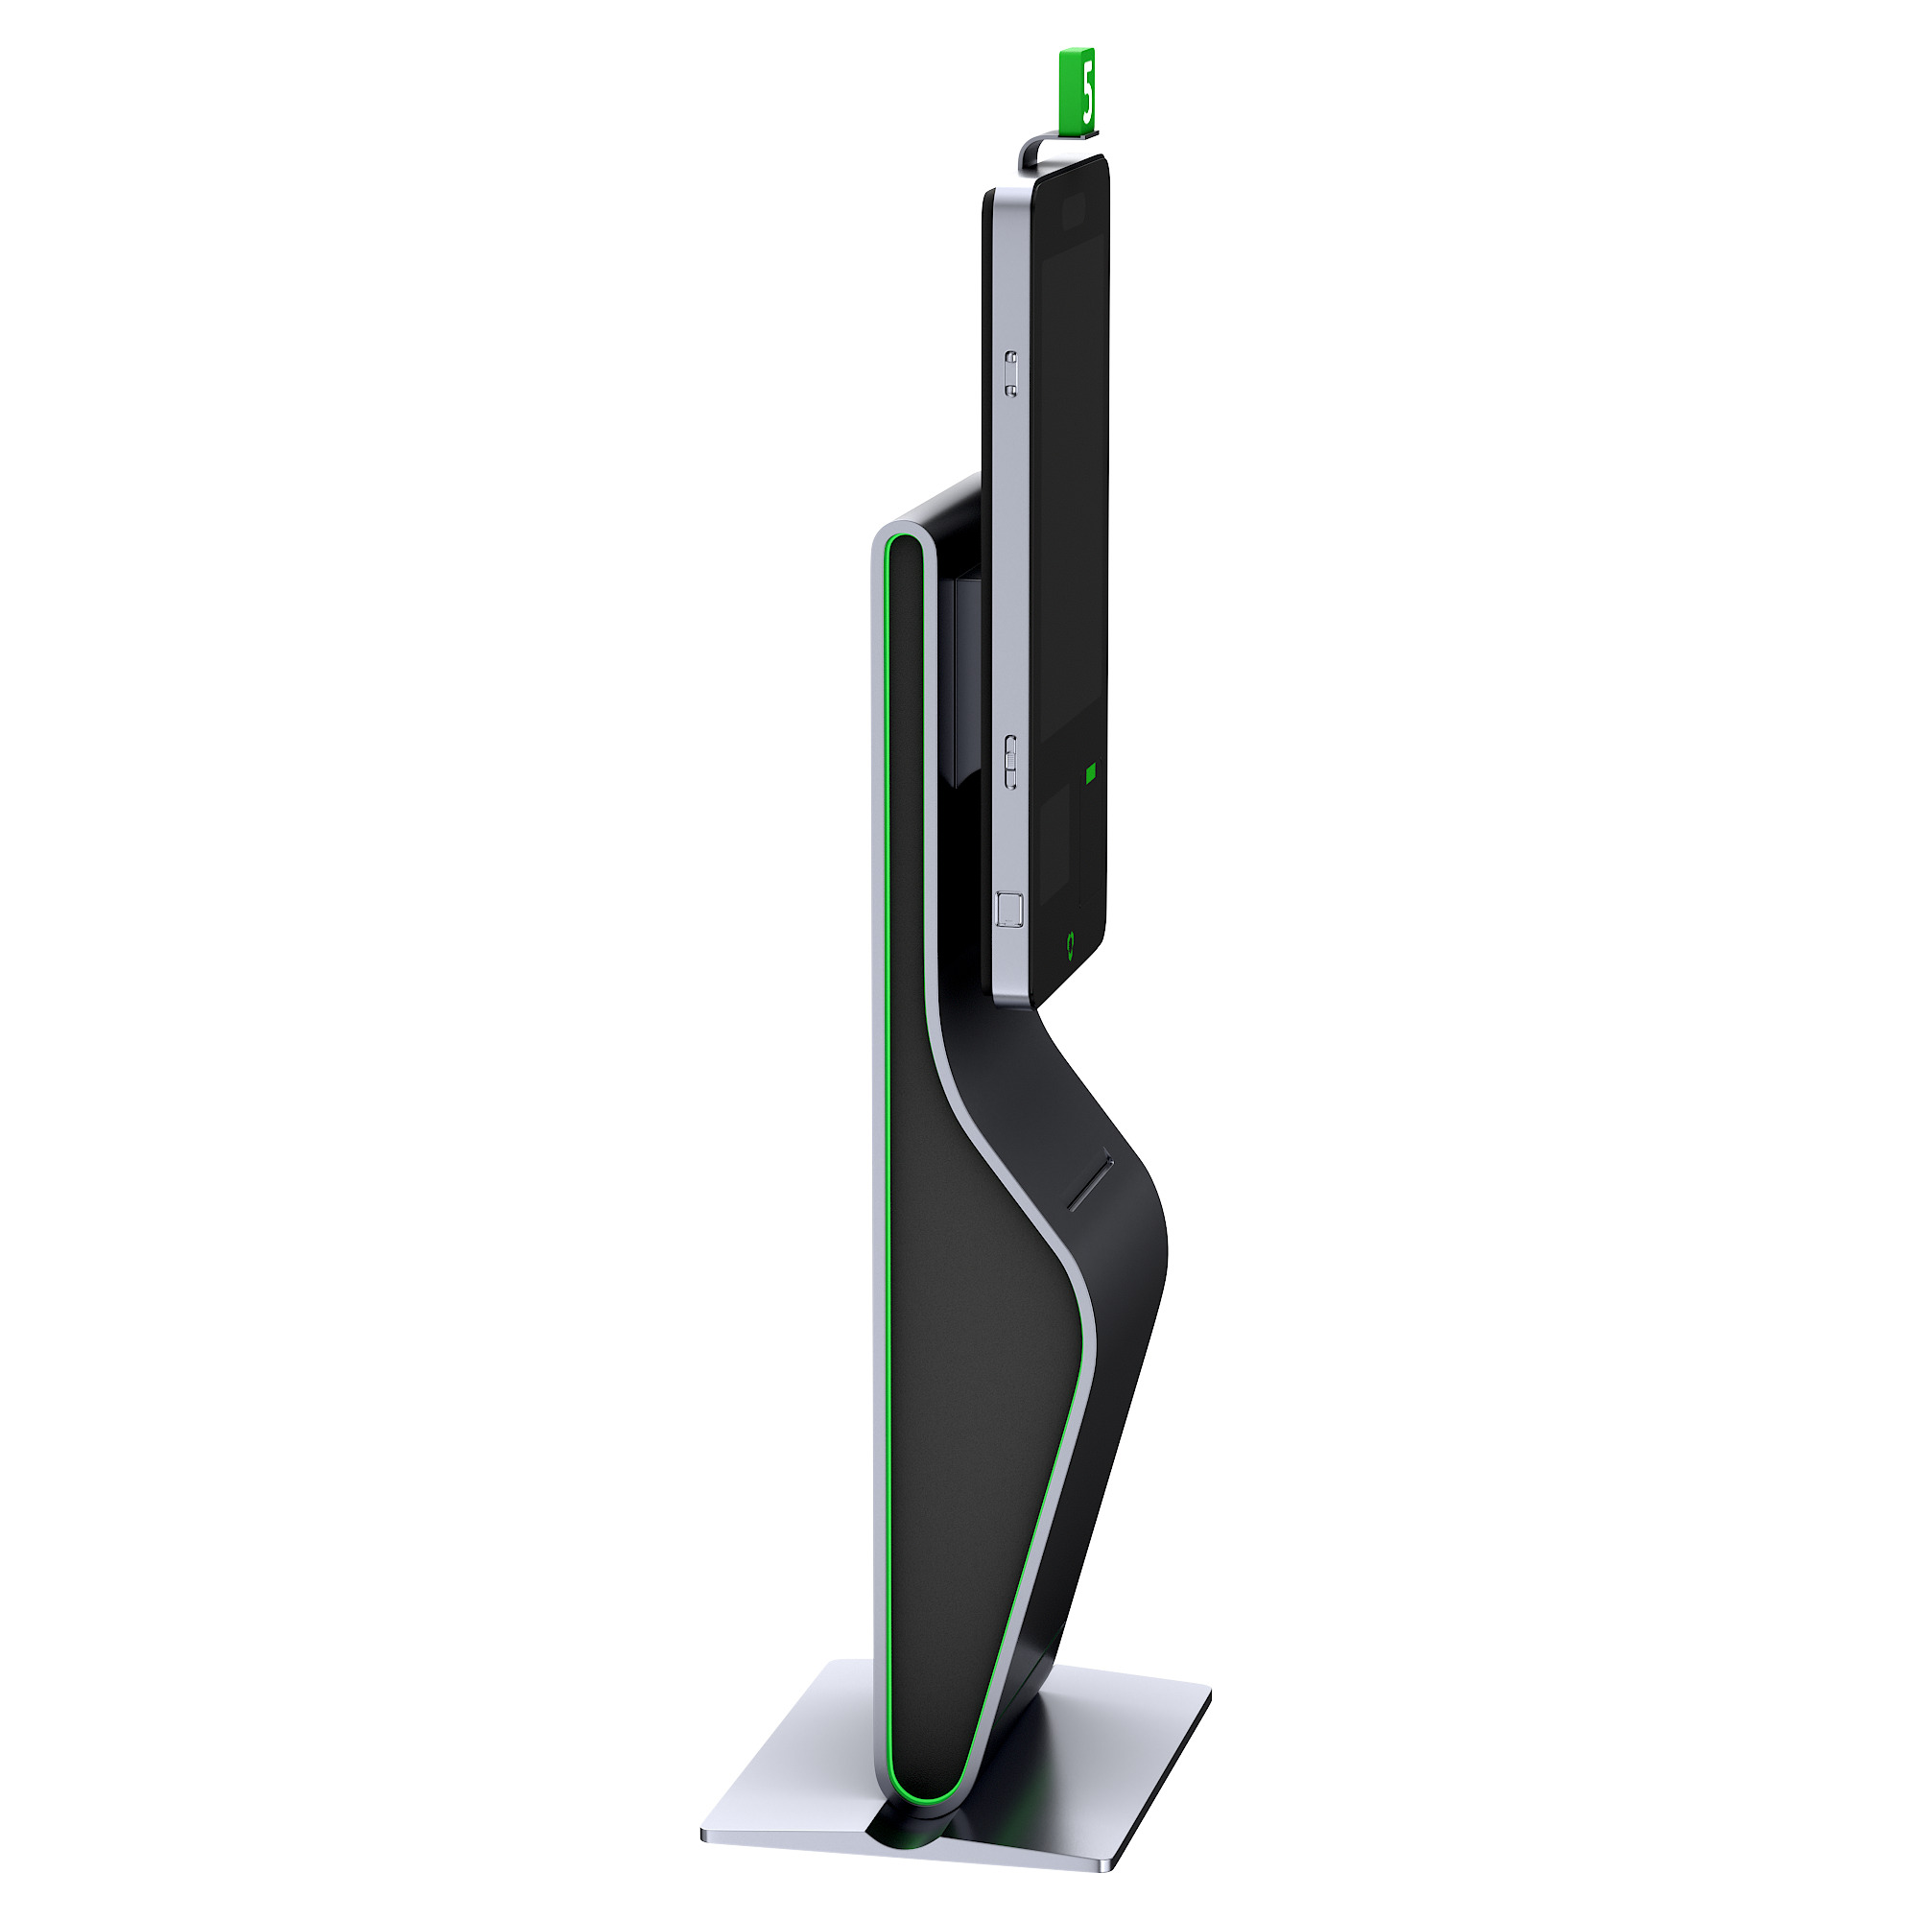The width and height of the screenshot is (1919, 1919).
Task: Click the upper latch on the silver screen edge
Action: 1010,372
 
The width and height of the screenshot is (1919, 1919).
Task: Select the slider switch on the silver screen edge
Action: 1010,762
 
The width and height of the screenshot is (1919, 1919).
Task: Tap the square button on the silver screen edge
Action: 1008,908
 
